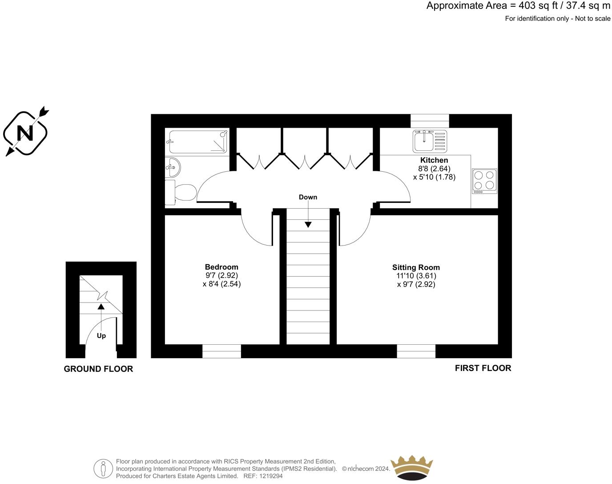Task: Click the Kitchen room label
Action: [434, 160]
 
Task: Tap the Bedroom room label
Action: [221, 267]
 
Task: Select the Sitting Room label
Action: [416, 267]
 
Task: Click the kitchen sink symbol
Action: [430, 141]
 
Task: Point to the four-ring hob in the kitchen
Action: [484, 181]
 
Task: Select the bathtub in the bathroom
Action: [197, 141]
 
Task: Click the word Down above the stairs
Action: [308, 197]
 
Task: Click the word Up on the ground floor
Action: [101, 336]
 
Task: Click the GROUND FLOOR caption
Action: [98, 369]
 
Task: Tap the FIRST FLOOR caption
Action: [483, 368]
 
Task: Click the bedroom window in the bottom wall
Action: [221, 351]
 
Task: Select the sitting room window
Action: [416, 351]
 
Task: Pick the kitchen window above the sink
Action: [430, 121]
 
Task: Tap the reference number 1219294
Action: [271, 476]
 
